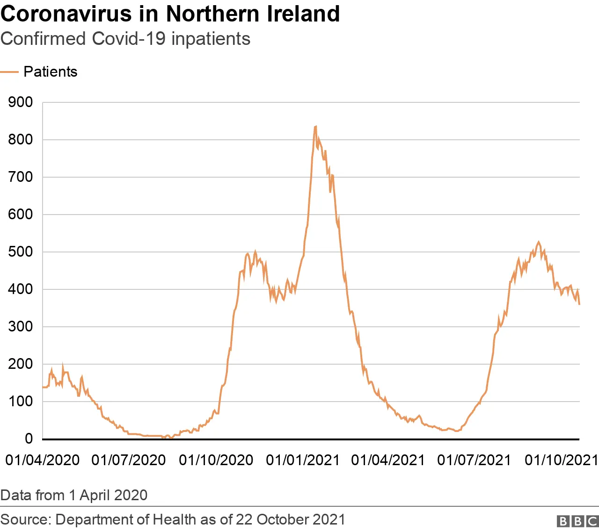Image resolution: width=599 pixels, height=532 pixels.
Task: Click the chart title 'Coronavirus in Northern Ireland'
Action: click(x=170, y=14)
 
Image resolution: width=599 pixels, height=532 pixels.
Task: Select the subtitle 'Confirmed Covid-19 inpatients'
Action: click(x=125, y=39)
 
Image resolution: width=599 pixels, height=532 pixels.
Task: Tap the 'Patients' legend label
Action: click(x=51, y=72)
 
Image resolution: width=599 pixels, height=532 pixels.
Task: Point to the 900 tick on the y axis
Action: click(x=21, y=102)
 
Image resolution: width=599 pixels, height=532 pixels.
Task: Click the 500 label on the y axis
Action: click(x=21, y=252)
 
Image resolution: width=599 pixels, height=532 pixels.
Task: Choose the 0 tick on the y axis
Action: click(x=29, y=439)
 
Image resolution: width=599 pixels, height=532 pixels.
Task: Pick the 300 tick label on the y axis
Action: click(x=21, y=327)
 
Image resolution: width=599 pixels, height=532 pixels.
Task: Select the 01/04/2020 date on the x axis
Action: click(x=43, y=460)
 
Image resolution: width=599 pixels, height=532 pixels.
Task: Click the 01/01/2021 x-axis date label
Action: click(x=303, y=460)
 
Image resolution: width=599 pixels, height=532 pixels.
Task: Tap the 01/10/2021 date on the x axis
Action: click(x=562, y=460)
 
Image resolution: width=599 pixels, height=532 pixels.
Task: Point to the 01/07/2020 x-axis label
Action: click(x=129, y=460)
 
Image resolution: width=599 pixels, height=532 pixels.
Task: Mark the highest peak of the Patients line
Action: click(x=316, y=126)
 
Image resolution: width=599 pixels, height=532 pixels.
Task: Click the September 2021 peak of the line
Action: click(x=539, y=242)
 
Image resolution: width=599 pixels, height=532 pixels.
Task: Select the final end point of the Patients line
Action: click(x=579, y=304)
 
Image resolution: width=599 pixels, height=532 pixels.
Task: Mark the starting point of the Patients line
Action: click(x=43, y=387)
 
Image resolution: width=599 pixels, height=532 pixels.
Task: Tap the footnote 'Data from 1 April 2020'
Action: click(x=74, y=495)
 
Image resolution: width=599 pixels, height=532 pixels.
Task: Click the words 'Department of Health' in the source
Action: click(x=126, y=519)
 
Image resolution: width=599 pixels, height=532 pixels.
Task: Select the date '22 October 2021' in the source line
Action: click(x=290, y=519)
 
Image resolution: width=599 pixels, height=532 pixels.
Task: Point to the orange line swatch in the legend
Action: click(x=9, y=72)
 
